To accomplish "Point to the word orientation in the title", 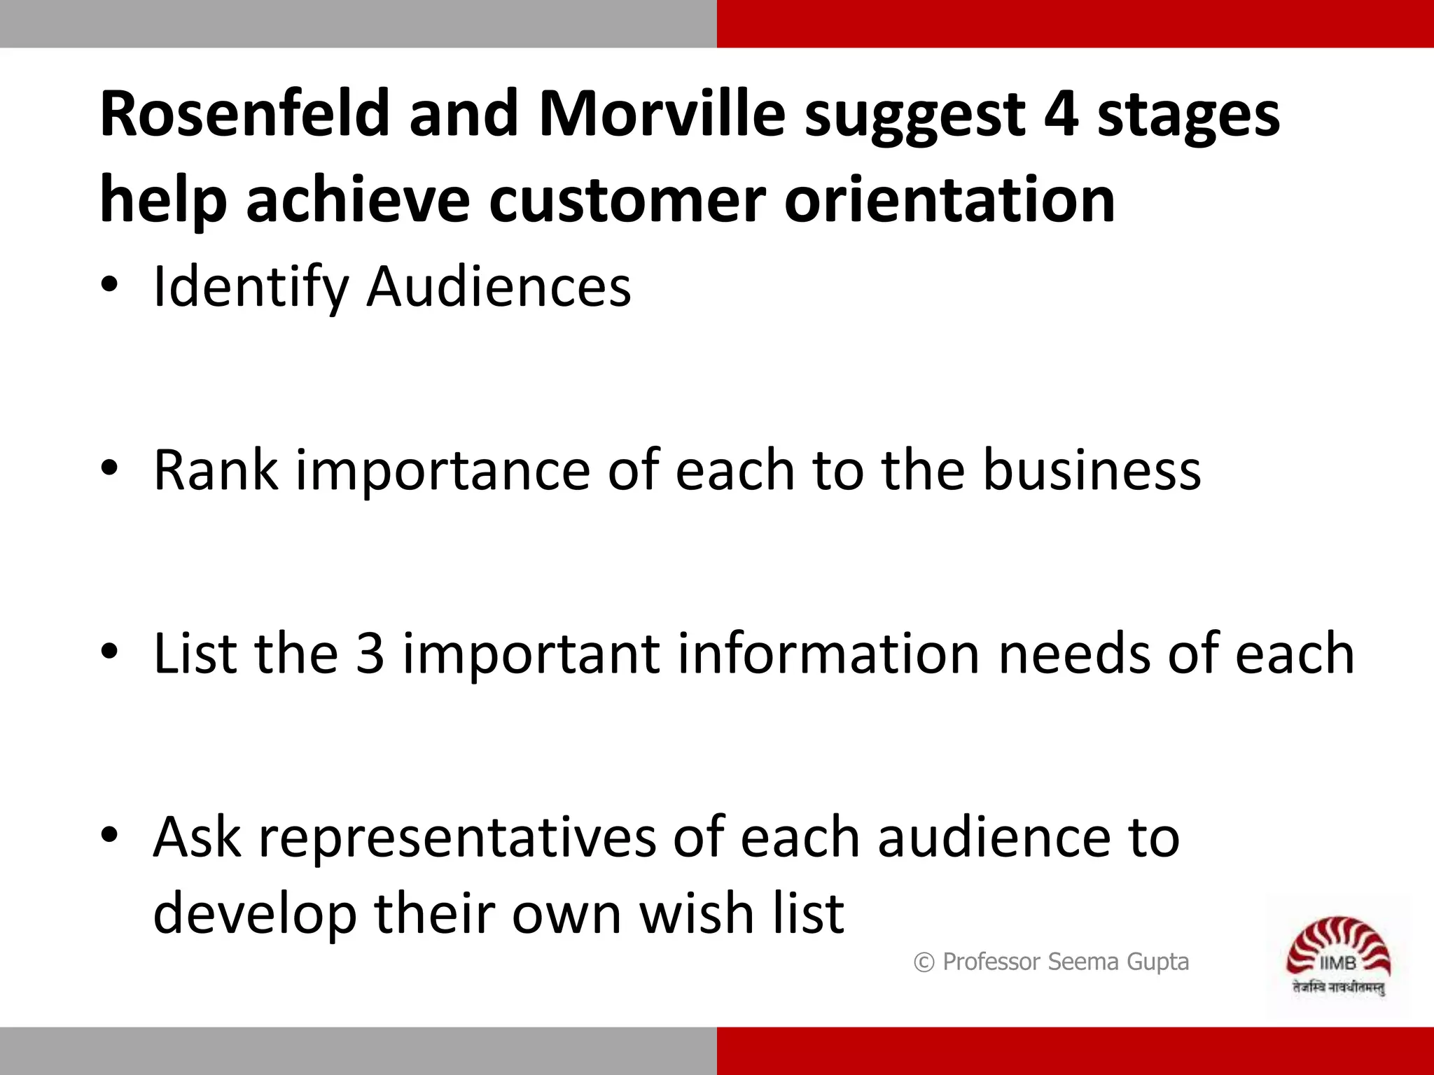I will pos(949,201).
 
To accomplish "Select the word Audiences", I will pos(499,287).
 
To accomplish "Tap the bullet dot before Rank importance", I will pos(109,468).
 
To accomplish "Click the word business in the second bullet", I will pos(1092,470).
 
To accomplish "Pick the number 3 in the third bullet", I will pos(370,654).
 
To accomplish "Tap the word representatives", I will pos(457,838).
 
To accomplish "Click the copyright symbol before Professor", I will pos(924,963).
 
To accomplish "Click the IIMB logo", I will pos(1338,956).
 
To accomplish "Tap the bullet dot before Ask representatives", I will pos(109,834).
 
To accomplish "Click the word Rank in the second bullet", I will pos(216,470).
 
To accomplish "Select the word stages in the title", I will pos(1188,115).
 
